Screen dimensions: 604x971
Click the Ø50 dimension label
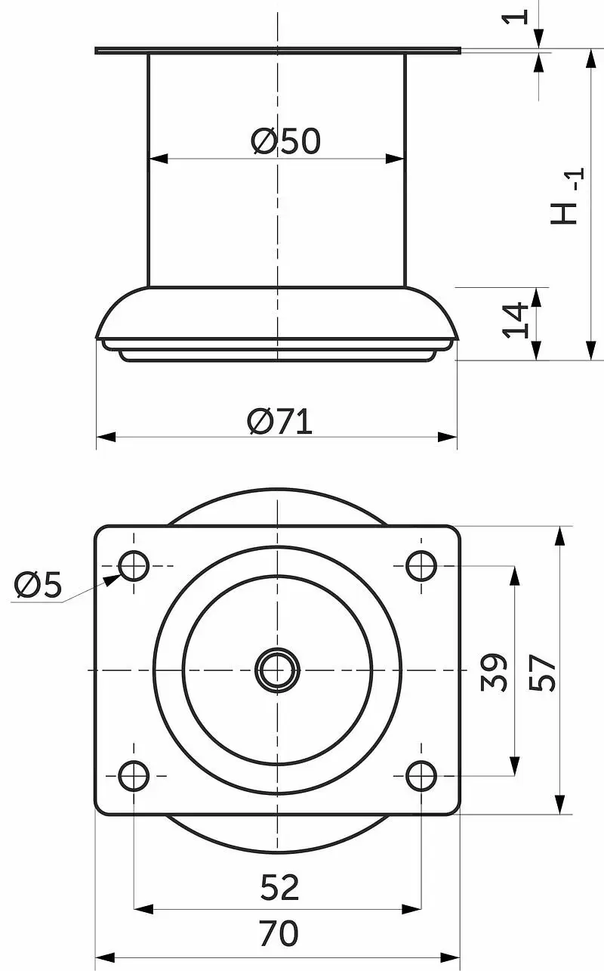coord(285,141)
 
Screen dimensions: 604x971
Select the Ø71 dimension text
coord(279,421)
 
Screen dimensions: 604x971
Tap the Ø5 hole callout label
coord(38,584)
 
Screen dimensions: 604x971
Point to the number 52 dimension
coord(279,887)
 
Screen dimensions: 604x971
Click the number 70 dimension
coord(279,933)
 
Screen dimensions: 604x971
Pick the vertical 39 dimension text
coord(494,672)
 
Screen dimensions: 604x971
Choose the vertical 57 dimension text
coord(542,673)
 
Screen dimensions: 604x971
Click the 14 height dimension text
coord(515,320)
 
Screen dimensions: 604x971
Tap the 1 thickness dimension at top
coord(515,17)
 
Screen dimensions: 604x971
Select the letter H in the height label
coord(564,214)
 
